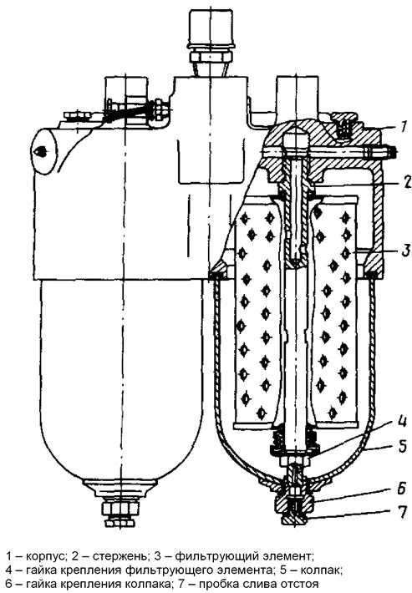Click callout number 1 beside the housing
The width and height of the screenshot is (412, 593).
(404, 126)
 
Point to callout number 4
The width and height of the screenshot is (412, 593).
(403, 421)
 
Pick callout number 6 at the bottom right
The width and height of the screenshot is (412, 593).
(403, 489)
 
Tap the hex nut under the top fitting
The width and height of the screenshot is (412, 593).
(210, 58)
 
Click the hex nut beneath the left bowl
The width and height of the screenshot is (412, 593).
(120, 509)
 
